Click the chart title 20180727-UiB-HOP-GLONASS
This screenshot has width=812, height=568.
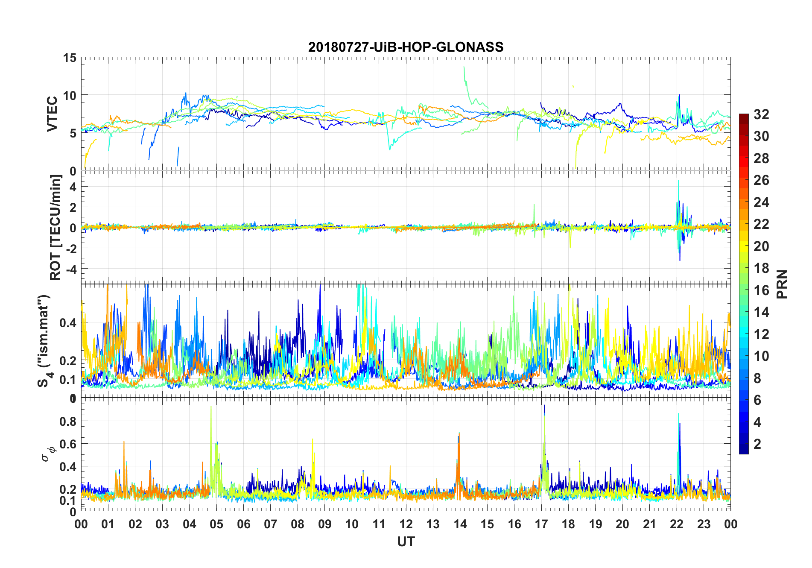point(406,47)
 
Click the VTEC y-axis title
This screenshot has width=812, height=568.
point(52,114)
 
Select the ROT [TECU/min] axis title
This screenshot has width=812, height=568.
point(55,227)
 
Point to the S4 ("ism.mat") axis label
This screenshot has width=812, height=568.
point(44,341)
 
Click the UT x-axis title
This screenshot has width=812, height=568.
point(406,542)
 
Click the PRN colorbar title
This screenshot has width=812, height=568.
point(782,284)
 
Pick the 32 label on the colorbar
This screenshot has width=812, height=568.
point(761,114)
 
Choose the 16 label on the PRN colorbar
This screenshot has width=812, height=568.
point(761,290)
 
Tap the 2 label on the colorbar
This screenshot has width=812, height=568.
point(757,444)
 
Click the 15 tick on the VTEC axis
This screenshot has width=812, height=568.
point(70,58)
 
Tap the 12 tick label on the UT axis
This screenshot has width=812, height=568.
point(406,524)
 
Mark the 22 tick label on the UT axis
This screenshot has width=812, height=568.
point(677,524)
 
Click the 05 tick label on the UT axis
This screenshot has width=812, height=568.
point(216,524)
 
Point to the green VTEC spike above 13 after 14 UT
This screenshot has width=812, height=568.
point(464,67)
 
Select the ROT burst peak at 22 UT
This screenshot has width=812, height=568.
point(678,181)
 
